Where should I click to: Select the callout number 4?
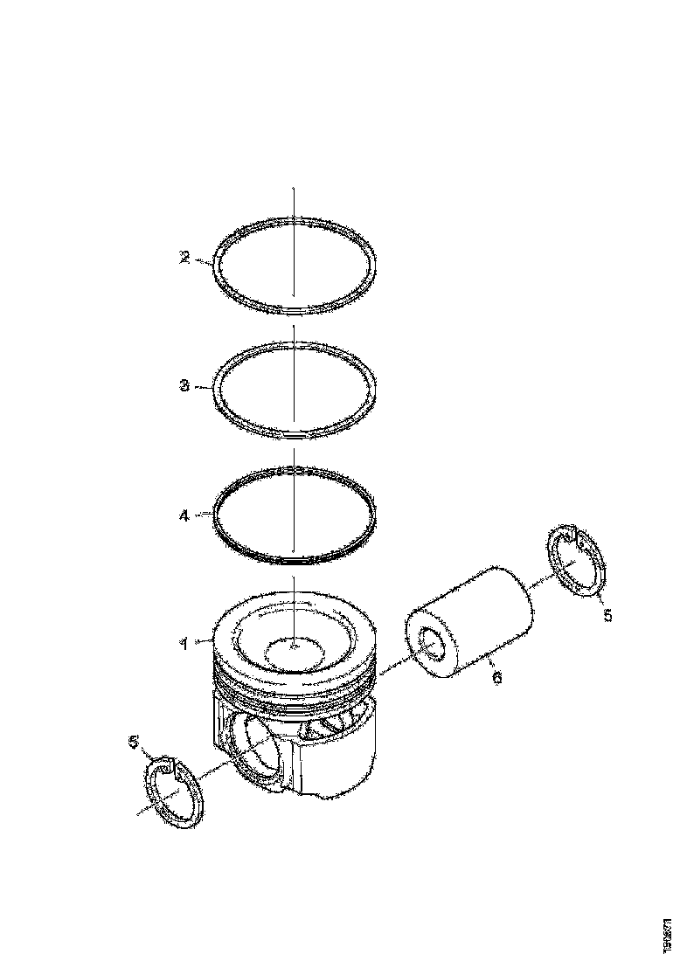(184, 515)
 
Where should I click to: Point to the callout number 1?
(184, 644)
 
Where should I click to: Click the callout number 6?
(496, 677)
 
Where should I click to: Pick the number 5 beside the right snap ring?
(609, 616)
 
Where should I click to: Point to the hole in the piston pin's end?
(430, 645)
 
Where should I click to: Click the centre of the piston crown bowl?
(294, 647)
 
